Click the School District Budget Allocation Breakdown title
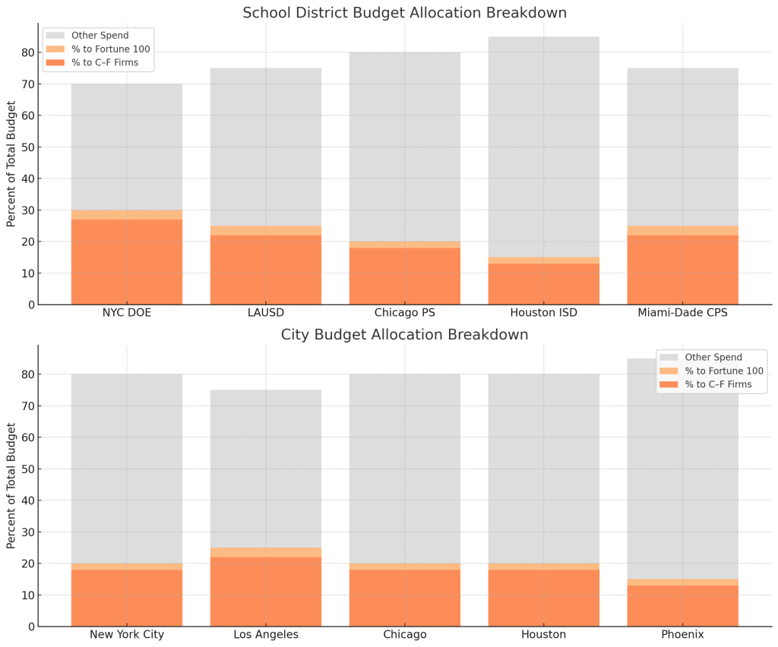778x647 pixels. click(404, 13)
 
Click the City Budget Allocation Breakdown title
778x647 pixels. click(404, 335)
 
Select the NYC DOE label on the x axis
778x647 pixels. click(126, 313)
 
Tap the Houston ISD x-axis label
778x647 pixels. click(543, 313)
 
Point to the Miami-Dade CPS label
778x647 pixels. click(682, 313)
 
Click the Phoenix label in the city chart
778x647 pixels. click(682, 635)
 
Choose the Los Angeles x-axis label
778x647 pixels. click(265, 635)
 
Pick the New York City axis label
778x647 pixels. click(126, 635)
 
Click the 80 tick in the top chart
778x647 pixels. click(27, 52)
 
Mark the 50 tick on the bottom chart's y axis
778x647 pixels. click(27, 469)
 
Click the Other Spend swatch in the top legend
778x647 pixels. click(56, 36)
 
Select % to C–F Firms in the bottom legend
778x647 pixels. click(718, 385)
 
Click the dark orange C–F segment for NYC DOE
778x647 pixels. click(126, 262)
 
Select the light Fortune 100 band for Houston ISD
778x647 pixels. click(543, 260)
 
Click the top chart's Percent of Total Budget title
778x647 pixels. click(11, 163)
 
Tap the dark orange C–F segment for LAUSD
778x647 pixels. click(265, 270)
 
